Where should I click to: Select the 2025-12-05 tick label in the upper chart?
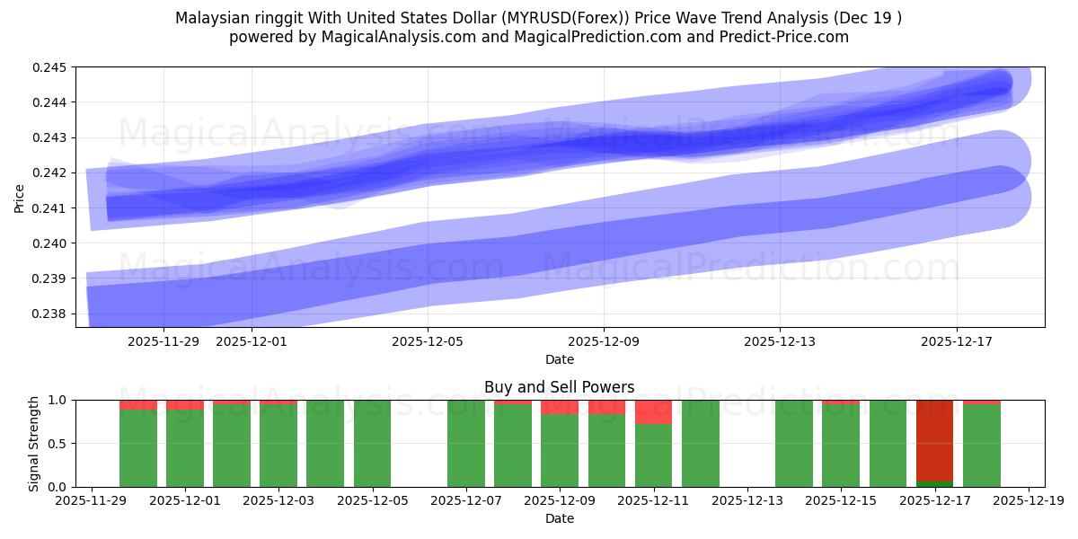[428, 341]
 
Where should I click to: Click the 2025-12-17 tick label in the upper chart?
[956, 341]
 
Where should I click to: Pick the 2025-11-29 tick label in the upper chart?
[163, 341]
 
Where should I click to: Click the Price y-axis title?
[19, 197]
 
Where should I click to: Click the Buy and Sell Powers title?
[559, 387]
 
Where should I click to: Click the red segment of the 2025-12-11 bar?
[653, 412]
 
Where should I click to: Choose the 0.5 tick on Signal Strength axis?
[58, 444]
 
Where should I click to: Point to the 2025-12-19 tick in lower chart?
[1028, 501]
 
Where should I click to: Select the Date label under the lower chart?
[559, 518]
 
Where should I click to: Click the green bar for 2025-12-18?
[981, 446]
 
